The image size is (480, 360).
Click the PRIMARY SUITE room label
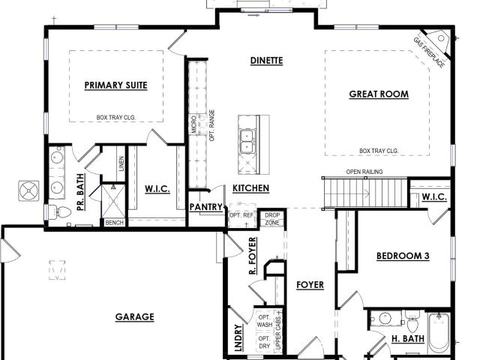[x=115, y=85]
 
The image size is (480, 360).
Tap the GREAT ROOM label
[x=379, y=94]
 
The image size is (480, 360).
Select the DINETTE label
[x=266, y=61]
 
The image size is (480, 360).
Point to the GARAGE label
[x=135, y=316]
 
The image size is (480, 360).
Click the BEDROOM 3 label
[x=403, y=256]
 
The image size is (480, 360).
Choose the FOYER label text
[x=310, y=285]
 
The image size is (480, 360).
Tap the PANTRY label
[x=205, y=207]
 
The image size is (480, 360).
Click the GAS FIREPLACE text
[x=428, y=52]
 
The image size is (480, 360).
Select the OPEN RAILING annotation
[x=364, y=172]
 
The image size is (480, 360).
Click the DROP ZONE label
[x=272, y=219]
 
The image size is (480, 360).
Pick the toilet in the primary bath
[x=60, y=211]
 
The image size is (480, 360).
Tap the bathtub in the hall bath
[x=439, y=333]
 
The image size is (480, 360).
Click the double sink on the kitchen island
[x=247, y=142]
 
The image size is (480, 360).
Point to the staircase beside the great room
[x=365, y=193]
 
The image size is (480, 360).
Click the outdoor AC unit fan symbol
[x=28, y=191]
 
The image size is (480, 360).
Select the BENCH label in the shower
[x=114, y=223]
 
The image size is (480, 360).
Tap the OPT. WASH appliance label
[x=265, y=321]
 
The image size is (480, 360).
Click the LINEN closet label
[x=121, y=163]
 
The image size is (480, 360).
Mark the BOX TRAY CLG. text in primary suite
[x=116, y=117]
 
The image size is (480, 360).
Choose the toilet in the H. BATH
[x=412, y=322]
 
